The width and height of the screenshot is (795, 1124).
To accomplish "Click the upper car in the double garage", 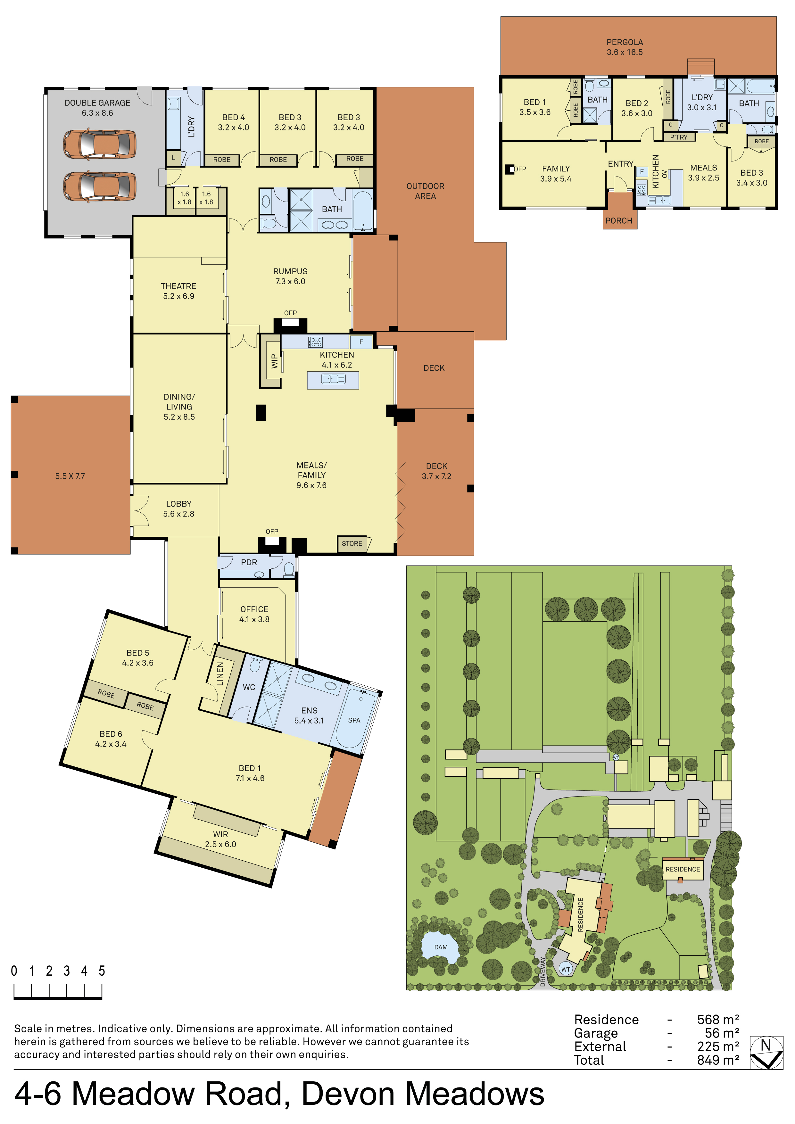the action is [x=99, y=145].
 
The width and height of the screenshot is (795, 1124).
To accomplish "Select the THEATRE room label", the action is [x=179, y=286].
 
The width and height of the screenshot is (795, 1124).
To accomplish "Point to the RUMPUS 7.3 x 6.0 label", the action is [x=290, y=276].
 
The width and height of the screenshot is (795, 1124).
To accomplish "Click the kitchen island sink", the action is [x=333, y=378].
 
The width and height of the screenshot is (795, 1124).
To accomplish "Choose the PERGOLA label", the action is [x=625, y=42].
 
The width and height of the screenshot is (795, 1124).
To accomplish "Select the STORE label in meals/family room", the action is [x=352, y=543].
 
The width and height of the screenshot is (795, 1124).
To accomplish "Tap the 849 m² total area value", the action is [x=718, y=1060].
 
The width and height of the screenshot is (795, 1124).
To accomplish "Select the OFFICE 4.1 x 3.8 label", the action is [x=254, y=614].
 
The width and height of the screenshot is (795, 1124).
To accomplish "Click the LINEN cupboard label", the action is [x=220, y=674].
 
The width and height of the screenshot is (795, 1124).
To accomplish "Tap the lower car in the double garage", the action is [x=99, y=186].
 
